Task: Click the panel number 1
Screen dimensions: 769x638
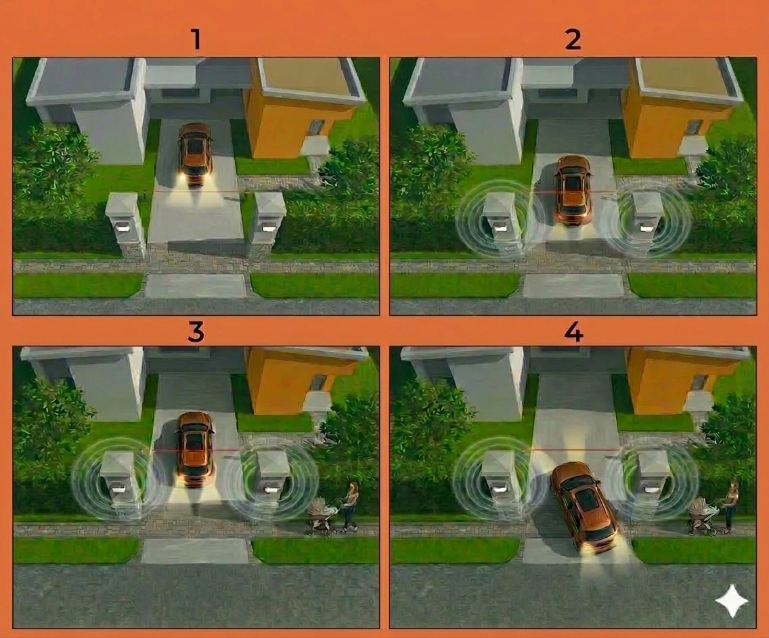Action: pos(196,40)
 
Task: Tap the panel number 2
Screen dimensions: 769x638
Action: pos(573,40)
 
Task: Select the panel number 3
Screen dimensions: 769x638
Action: pos(196,332)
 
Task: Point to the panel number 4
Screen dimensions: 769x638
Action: pos(574,332)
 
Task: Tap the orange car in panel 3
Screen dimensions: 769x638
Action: pos(195,449)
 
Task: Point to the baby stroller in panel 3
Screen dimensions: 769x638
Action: pos(322,516)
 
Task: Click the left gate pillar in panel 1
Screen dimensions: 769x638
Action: pos(125,225)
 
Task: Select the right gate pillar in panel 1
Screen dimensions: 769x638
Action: pos(267,225)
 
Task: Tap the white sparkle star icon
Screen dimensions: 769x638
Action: pos(732,601)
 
